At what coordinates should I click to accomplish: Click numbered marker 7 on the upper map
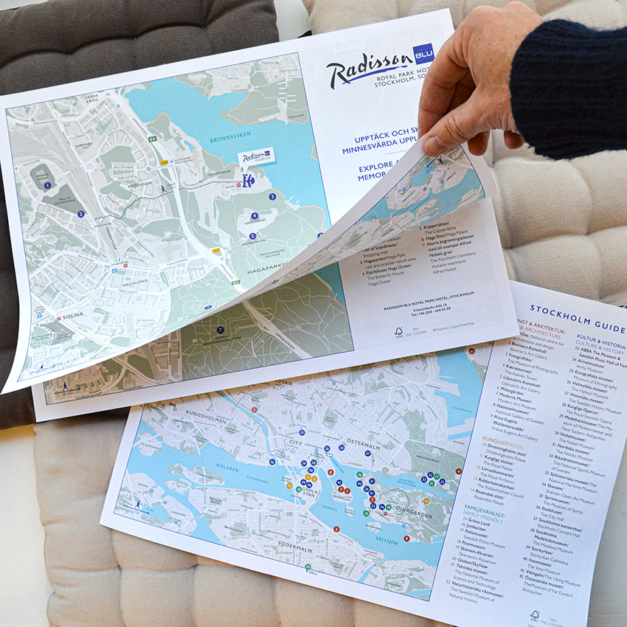[x=221, y=330]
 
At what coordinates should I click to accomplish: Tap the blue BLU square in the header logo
[x=423, y=54]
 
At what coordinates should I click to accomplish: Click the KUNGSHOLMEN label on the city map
[x=209, y=415]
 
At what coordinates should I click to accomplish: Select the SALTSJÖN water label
[x=392, y=540]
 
